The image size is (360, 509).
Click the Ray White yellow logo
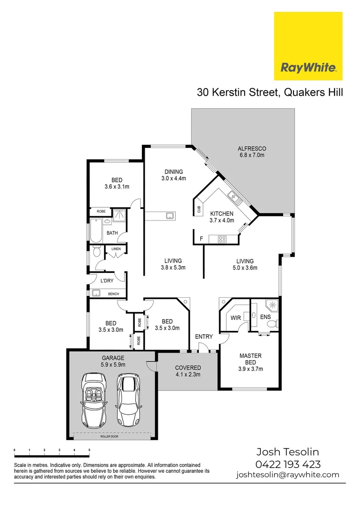[x=308, y=46]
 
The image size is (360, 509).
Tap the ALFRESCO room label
[x=252, y=152]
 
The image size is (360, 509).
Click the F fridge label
[x=201, y=239]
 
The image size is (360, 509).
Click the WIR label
[x=236, y=318]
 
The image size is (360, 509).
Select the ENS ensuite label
[x=265, y=317]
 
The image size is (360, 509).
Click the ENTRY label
[x=204, y=337]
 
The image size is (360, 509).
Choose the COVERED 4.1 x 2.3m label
[x=188, y=371]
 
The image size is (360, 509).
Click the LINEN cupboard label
[x=116, y=249]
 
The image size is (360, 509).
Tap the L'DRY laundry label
[x=107, y=281]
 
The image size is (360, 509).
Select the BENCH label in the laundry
[x=114, y=294]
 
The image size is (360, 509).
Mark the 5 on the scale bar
[x=89, y=450]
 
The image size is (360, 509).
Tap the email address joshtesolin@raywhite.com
[x=287, y=475]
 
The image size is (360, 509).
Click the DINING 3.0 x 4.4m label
[x=173, y=175]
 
